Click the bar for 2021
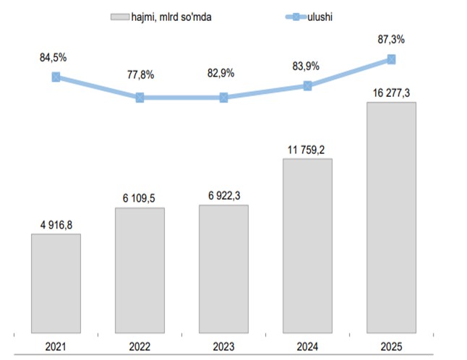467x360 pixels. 56,283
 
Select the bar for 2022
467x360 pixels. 140,270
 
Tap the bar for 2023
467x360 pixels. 223,269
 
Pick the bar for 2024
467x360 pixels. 307,246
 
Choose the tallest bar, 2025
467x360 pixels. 391,218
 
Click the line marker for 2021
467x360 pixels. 56,77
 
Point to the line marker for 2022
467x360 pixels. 140,97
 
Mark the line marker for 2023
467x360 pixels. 223,97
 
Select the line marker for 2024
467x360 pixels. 307,85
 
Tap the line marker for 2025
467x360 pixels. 391,59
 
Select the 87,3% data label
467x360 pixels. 391,39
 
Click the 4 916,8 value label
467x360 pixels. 56,224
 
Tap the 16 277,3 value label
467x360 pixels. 391,93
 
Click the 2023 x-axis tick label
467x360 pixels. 223,346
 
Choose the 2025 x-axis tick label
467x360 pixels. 391,346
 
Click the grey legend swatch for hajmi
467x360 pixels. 120,15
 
